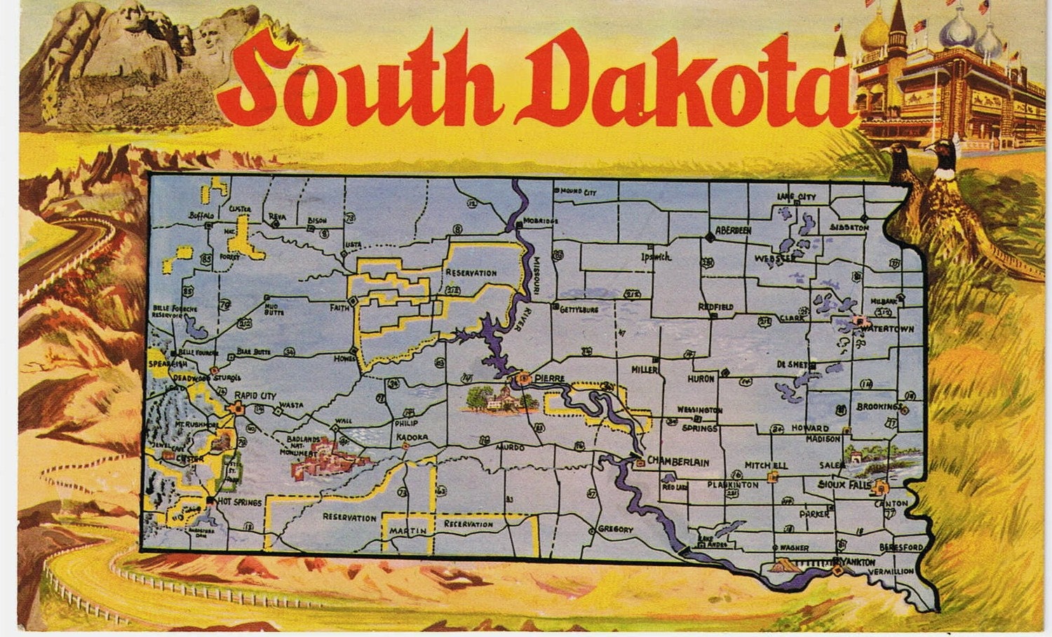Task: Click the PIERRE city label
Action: pos(549,379)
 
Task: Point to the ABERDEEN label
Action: pos(733,230)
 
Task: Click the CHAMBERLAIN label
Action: pos(677,462)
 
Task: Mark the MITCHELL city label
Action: pos(766,465)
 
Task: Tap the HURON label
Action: pos(701,379)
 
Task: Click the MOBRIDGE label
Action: pos(541,222)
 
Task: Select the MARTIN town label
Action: pos(408,531)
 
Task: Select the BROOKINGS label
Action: pos(878,407)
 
